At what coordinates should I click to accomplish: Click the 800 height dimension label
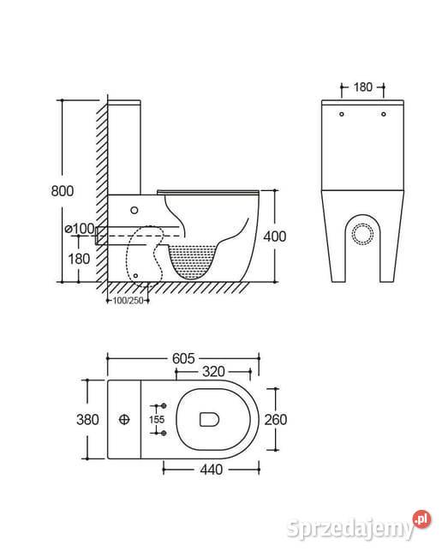(63, 191)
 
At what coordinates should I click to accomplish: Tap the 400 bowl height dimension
(274, 237)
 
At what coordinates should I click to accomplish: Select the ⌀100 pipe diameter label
(79, 229)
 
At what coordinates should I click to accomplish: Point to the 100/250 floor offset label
(128, 301)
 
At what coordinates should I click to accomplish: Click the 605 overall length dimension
(183, 358)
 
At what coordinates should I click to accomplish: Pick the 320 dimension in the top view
(213, 372)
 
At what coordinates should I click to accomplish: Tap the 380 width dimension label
(87, 420)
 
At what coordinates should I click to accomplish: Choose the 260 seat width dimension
(276, 420)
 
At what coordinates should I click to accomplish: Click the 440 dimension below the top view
(212, 470)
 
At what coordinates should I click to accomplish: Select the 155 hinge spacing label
(157, 420)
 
